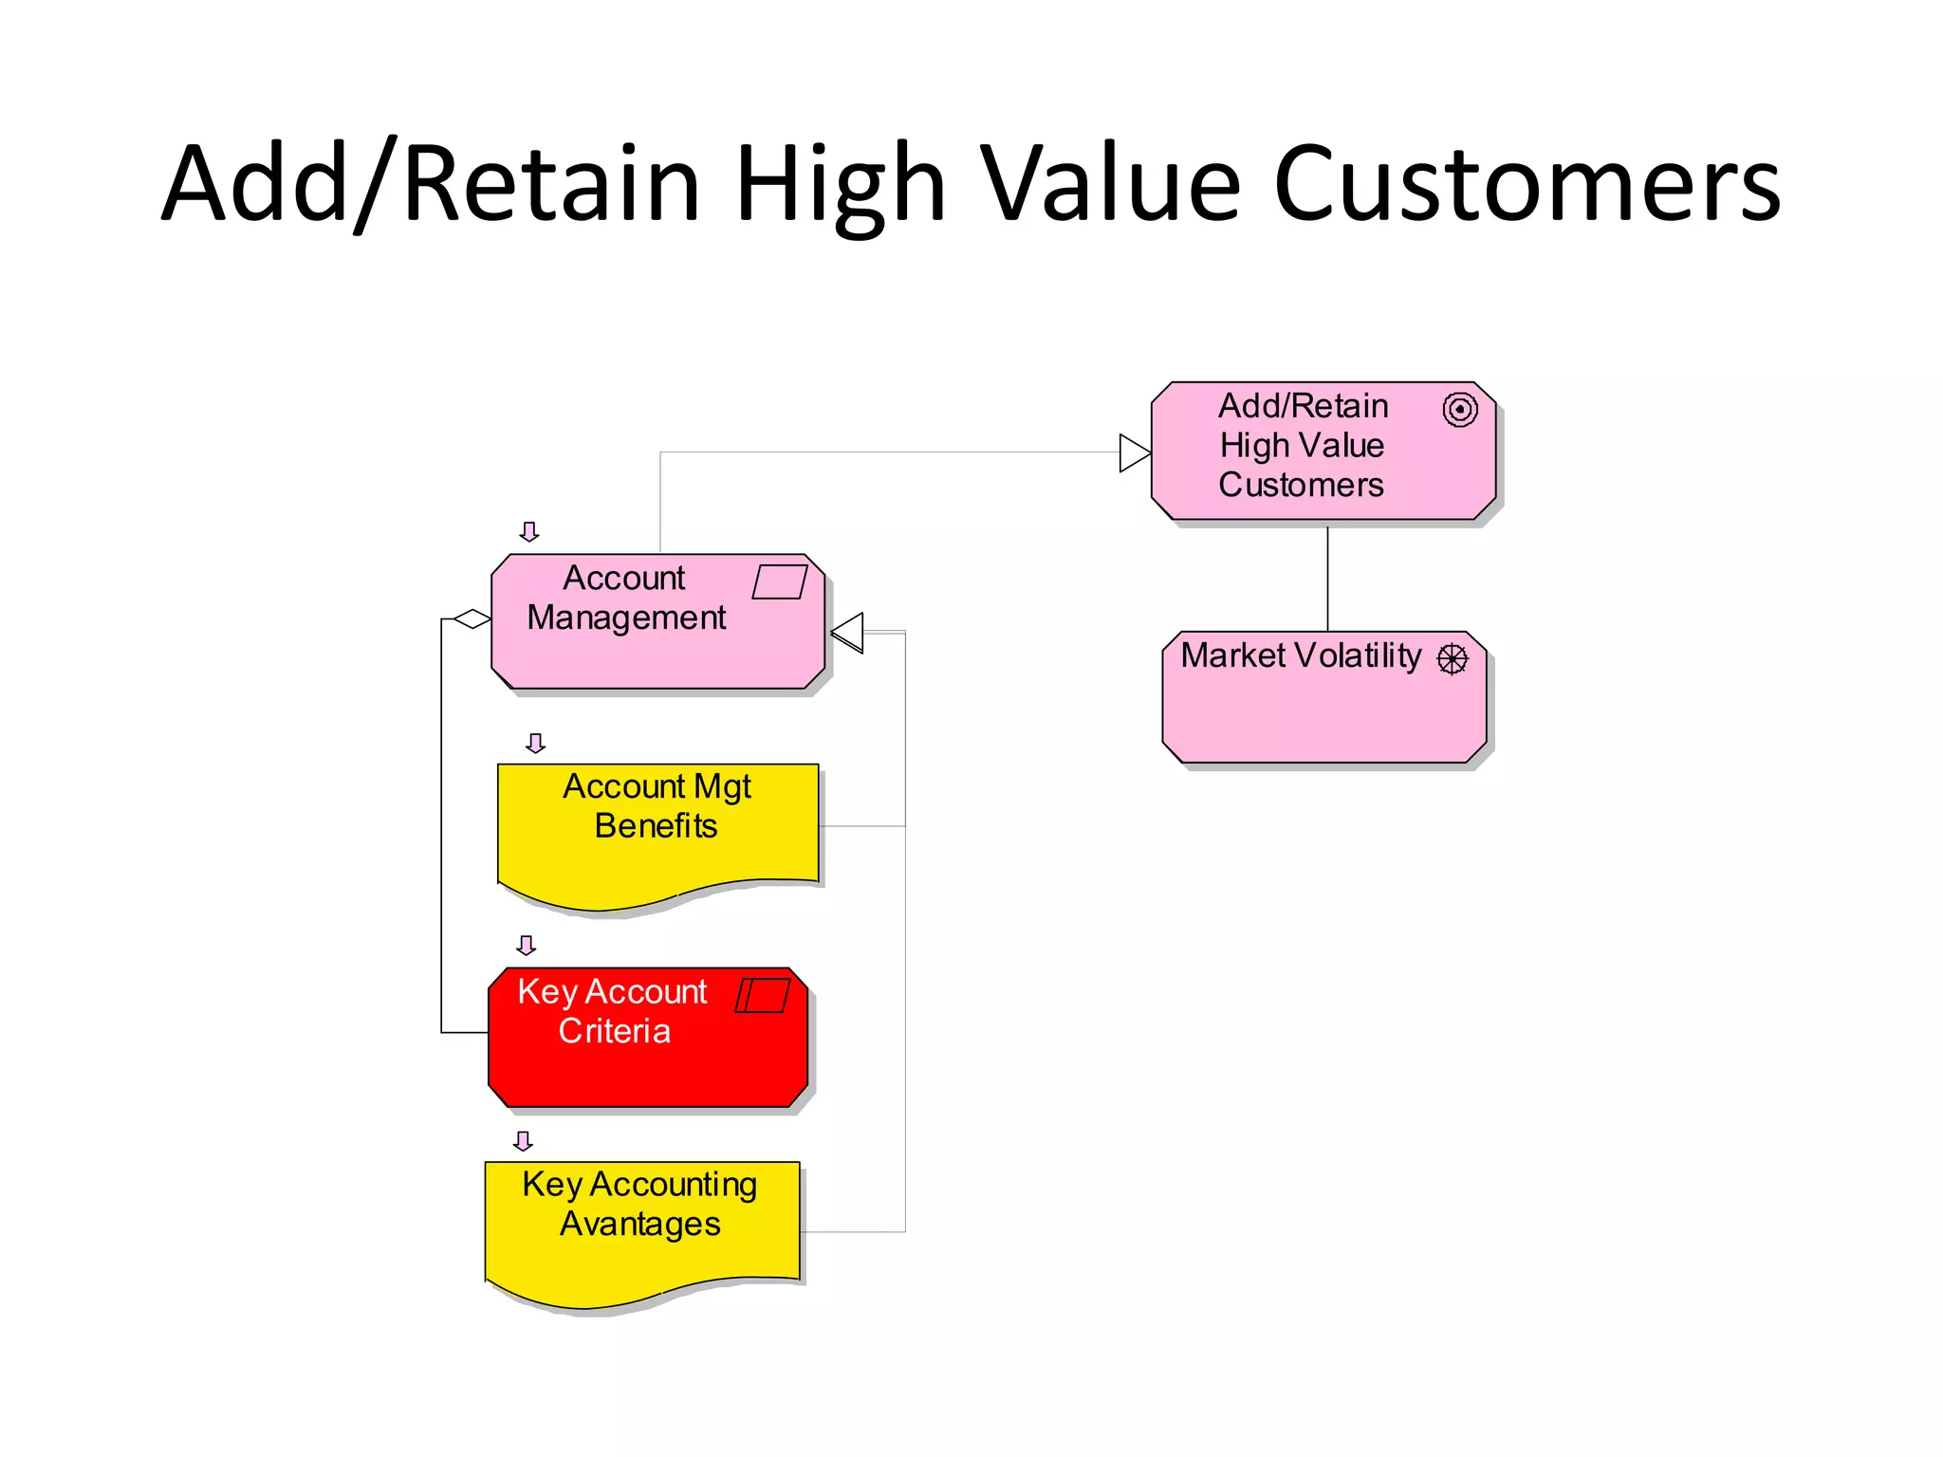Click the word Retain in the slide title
[551, 185]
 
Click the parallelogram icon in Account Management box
[779, 581]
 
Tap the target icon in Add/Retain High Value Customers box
[1460, 410]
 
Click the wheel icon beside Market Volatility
[1453, 658]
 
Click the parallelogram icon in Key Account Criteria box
[763, 995]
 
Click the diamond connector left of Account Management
[472, 619]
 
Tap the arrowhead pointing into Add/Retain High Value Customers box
[1134, 452]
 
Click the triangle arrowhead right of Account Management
[848, 633]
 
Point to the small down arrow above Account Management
[529, 531]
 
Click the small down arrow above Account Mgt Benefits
[536, 743]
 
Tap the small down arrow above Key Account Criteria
[527, 945]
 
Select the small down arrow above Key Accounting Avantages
[523, 1140]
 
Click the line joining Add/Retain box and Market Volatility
[1327, 579]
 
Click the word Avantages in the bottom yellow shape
[639, 1225]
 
